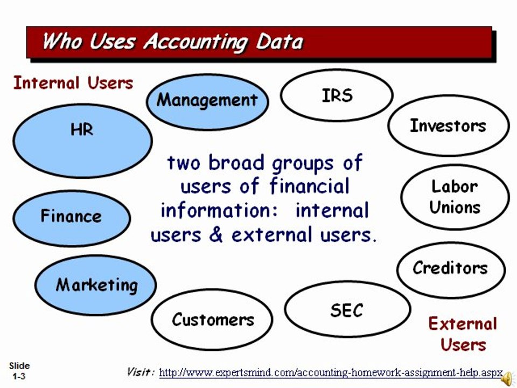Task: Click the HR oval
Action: [82, 141]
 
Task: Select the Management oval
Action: [207, 101]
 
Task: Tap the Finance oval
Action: [71, 217]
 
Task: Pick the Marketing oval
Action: [96, 285]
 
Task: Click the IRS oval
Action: [337, 96]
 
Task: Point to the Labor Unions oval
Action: [455, 197]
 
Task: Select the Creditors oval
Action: [451, 268]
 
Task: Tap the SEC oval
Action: [347, 310]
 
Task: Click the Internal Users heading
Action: [73, 83]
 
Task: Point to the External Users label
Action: [463, 334]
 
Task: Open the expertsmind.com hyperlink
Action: [331, 372]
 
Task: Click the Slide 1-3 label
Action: [19, 371]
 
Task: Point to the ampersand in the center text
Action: [217, 235]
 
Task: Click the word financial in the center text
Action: [309, 186]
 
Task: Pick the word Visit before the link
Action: [141, 372]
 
